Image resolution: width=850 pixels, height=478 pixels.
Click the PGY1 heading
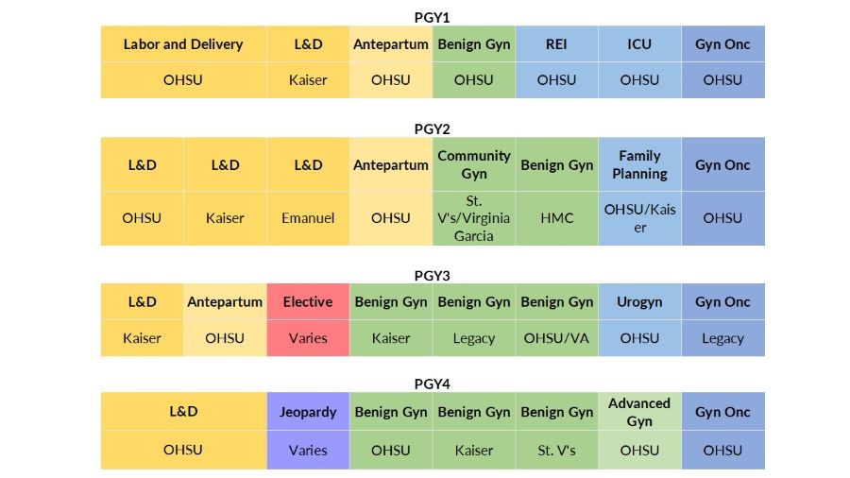(433, 17)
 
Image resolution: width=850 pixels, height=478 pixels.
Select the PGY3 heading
(433, 276)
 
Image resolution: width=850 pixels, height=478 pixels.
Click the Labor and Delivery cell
(183, 44)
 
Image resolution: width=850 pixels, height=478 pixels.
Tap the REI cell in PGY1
(556, 44)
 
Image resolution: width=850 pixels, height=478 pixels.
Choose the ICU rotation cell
(639, 44)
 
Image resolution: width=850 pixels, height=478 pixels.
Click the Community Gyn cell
(474, 164)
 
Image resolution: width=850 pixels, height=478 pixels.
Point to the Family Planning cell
(639, 164)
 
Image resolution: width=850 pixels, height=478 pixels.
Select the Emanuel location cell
(308, 218)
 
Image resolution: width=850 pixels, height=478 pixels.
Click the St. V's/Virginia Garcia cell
(474, 218)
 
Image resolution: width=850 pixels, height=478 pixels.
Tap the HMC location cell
(556, 218)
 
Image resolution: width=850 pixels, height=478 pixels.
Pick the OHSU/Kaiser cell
(639, 218)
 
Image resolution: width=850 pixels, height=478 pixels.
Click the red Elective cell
(308, 302)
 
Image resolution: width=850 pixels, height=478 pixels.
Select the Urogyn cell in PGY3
(639, 302)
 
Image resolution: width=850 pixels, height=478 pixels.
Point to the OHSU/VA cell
(556, 338)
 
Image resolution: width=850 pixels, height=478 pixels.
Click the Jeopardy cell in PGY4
(308, 412)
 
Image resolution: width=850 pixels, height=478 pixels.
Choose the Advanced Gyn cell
(639, 412)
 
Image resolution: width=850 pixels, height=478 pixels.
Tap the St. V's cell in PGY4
(556, 451)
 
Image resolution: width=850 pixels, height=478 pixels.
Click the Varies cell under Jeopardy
(308, 451)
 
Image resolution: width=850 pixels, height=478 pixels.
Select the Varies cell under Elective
(308, 338)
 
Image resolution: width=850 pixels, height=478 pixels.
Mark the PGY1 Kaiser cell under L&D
(308, 80)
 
